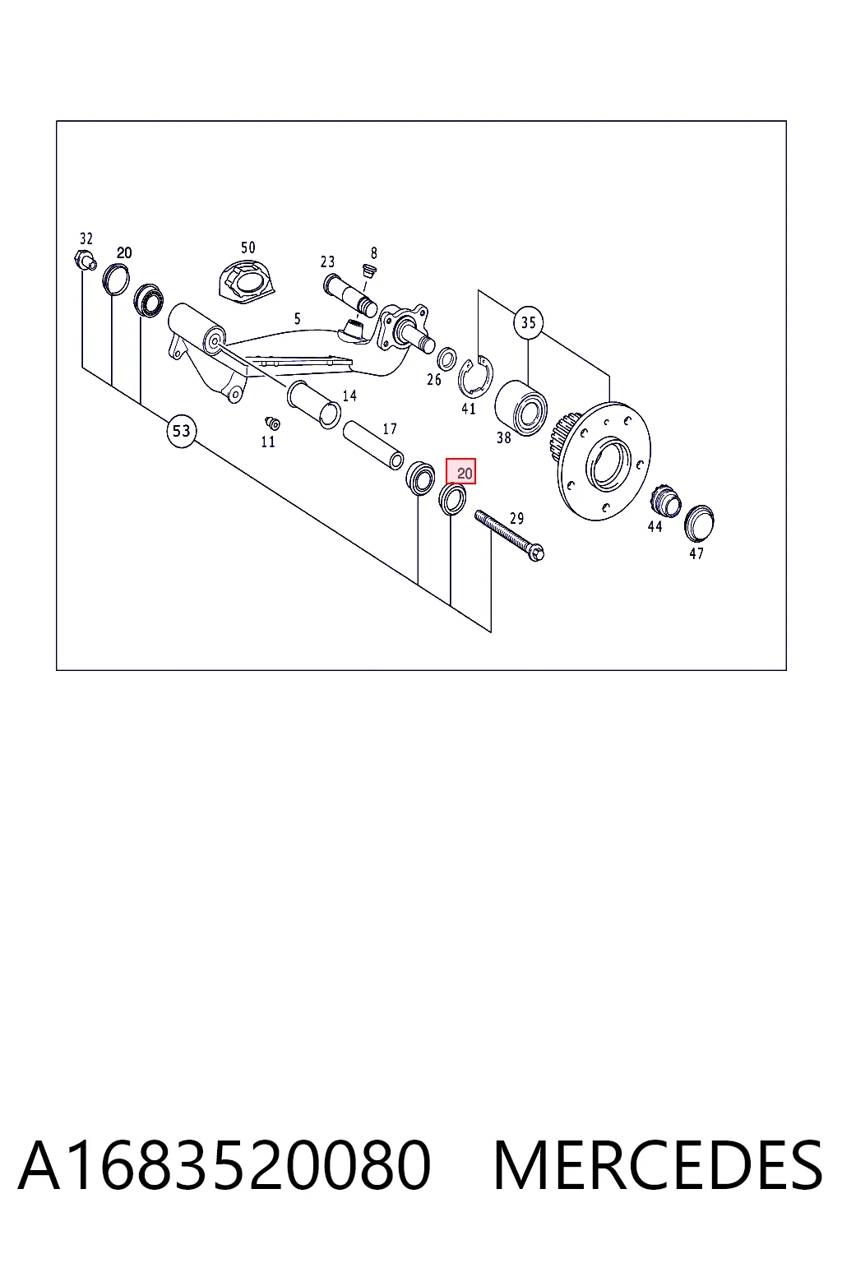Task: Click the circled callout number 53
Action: pos(181,432)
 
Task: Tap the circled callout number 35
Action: pos(528,322)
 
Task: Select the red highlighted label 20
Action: pos(460,471)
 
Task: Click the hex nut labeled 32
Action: pos(86,261)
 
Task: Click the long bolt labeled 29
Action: pos(509,535)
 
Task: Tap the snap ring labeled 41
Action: pos(475,376)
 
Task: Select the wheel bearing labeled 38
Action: pos(520,408)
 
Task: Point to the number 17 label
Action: pos(390,429)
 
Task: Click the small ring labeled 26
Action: pos(447,359)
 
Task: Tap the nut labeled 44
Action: pos(665,500)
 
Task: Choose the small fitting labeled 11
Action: pos(272,423)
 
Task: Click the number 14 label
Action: pos(349,396)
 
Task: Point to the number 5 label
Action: pos(297,318)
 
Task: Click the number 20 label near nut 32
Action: pos(124,252)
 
